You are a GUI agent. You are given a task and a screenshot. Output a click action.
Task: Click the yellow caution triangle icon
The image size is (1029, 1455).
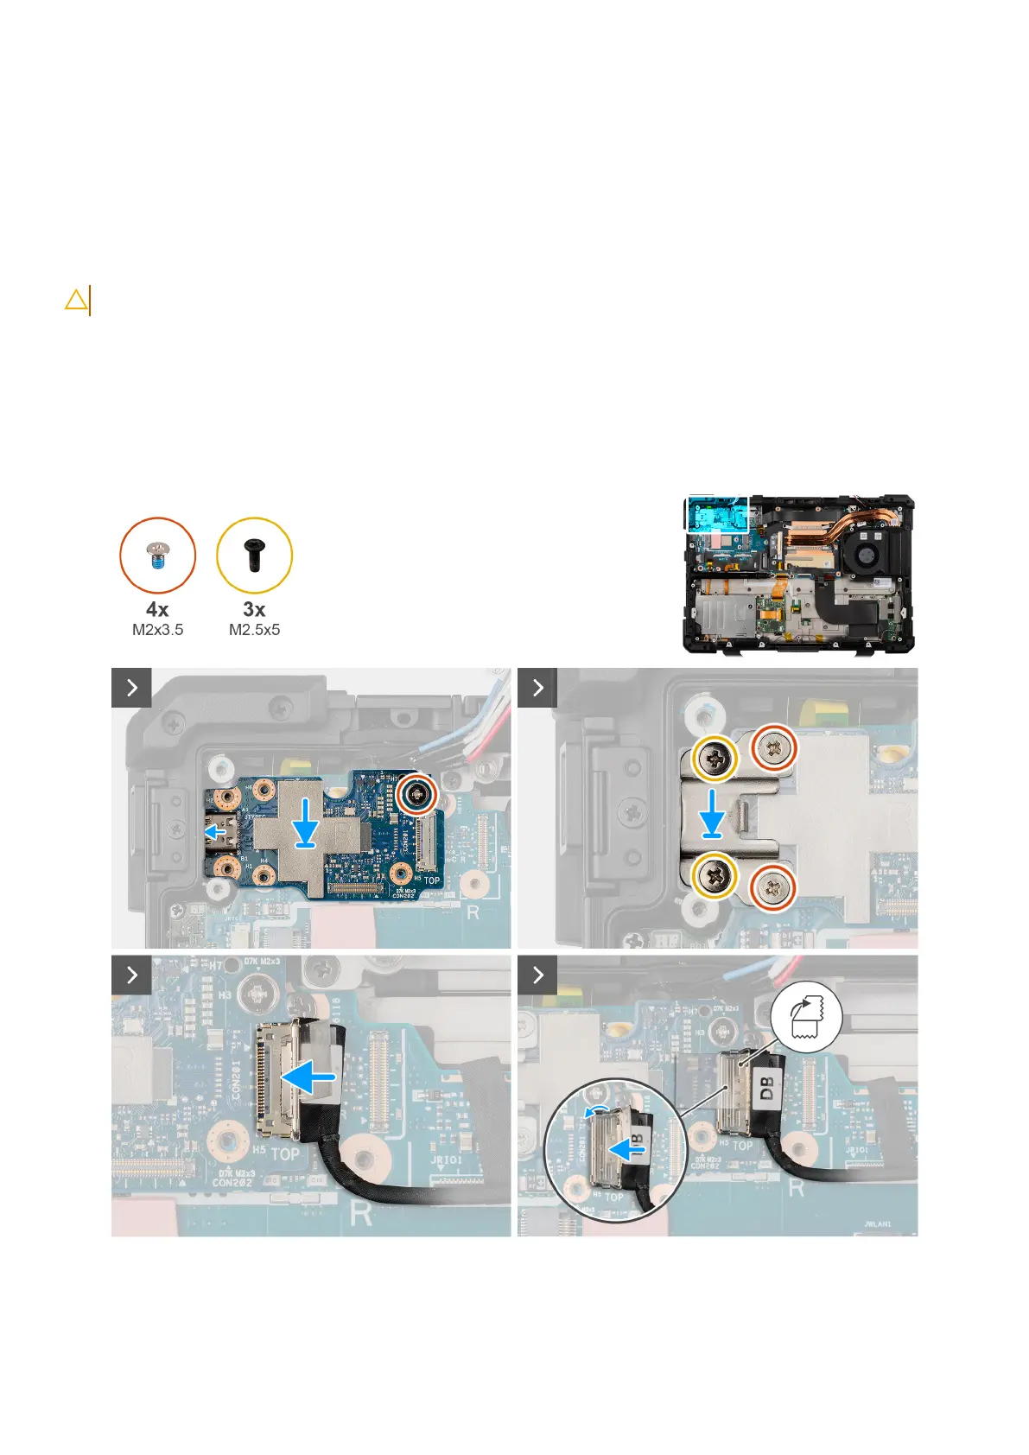coord(76,300)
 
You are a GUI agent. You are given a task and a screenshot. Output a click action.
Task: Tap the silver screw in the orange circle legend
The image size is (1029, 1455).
coord(157,554)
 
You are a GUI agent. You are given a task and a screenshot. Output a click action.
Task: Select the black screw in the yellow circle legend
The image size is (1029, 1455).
coord(254,555)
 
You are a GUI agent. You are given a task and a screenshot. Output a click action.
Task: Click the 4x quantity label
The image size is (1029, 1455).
coord(157,609)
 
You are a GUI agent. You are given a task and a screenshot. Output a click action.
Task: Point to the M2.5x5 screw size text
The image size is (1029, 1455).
coord(254,630)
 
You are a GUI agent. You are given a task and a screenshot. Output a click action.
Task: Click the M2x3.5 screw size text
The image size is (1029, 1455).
coord(157,630)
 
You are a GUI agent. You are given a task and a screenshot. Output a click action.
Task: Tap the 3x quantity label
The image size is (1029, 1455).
coord(254,609)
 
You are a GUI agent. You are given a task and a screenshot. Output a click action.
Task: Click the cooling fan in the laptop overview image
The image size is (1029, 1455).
coord(867,553)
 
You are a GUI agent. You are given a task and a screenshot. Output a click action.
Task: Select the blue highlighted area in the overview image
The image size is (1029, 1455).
coord(717,515)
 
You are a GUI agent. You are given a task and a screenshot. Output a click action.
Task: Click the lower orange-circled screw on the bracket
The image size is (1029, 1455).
coord(772,887)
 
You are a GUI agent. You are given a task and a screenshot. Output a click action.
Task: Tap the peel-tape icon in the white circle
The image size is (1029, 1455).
coord(806,1016)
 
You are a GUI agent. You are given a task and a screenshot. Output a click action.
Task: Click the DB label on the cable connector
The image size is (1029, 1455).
coord(767,1088)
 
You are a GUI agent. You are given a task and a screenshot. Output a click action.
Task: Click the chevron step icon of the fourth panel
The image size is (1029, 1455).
coord(537,975)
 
